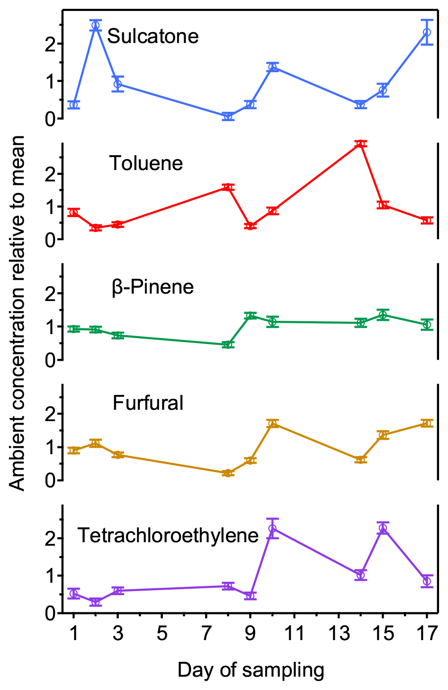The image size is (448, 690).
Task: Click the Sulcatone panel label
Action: click(x=152, y=36)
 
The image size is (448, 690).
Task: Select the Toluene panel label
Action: click(x=146, y=163)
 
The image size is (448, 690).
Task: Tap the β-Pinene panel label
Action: click(x=152, y=287)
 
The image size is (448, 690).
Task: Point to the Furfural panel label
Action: click(x=148, y=403)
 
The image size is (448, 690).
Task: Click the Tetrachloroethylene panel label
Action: click(x=168, y=535)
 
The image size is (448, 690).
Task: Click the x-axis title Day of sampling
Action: click(x=251, y=670)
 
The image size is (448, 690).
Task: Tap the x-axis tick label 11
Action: click(x=294, y=633)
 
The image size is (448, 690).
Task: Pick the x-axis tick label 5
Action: click(x=162, y=633)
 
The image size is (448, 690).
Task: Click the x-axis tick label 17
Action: click(x=426, y=633)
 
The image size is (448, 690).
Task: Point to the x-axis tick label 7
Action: click(x=206, y=633)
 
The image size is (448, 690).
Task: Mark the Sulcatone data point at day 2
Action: click(x=96, y=25)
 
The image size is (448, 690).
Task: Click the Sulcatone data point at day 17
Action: click(x=427, y=32)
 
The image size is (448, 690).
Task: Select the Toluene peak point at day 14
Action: click(x=360, y=144)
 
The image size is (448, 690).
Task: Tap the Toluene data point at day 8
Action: click(x=228, y=187)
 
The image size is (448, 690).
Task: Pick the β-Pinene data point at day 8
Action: click(x=228, y=345)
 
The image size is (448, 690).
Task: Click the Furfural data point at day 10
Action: click(x=272, y=424)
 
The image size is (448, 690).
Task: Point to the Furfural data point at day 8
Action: click(x=228, y=473)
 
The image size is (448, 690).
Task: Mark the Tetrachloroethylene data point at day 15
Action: click(x=382, y=528)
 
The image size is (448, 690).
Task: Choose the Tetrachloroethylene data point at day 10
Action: click(x=272, y=528)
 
